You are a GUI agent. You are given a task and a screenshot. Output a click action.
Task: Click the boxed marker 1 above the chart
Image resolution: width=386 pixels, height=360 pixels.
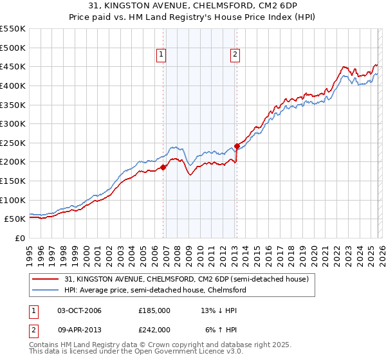coord(160,55)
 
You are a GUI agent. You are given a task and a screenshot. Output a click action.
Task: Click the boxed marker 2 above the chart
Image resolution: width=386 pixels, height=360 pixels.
coord(235,55)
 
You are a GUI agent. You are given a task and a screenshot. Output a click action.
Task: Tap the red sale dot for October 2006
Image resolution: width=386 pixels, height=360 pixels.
coord(163,167)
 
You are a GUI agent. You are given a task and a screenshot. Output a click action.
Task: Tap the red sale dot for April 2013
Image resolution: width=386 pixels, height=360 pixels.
coord(237,146)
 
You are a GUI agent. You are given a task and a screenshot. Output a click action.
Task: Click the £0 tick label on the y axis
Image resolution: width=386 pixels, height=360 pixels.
coord(21,238)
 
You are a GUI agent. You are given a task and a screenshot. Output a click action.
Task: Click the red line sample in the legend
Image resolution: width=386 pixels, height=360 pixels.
coord(46,279)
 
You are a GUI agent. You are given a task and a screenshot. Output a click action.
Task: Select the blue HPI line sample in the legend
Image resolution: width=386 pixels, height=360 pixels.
coord(46,290)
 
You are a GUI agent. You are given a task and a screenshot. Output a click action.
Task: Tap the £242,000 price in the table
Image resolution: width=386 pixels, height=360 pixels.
coord(154,329)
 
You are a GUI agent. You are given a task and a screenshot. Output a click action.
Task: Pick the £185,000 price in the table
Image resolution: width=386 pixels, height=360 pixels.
coord(154,310)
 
